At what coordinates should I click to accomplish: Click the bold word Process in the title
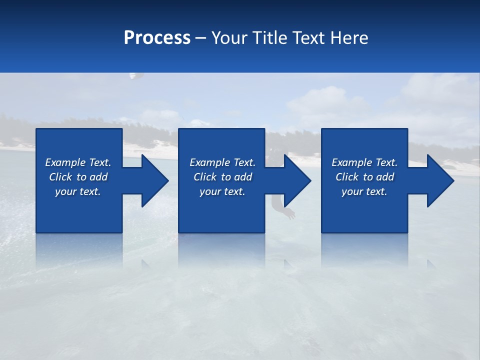click(x=157, y=38)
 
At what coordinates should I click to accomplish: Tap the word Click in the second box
click(x=204, y=177)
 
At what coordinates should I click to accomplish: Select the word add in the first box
click(x=99, y=177)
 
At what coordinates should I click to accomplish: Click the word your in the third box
click(x=352, y=191)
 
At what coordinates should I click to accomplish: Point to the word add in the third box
click(x=385, y=177)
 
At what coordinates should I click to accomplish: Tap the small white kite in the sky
click(x=133, y=76)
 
